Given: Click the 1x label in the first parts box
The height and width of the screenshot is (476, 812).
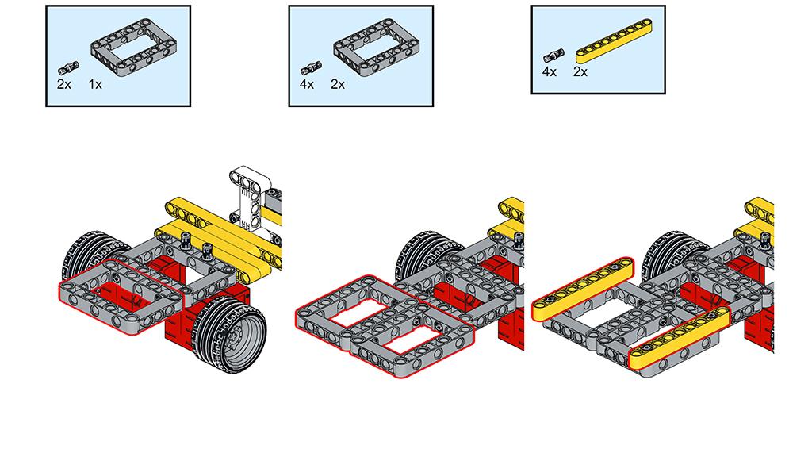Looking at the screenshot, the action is [95, 84].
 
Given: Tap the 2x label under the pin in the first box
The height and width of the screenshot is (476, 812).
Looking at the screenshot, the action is [63, 84].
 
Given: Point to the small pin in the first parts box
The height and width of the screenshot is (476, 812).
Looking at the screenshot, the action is [68, 67].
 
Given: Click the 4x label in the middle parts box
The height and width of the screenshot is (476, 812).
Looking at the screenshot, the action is [307, 84].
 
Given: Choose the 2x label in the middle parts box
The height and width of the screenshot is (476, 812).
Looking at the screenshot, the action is [338, 84].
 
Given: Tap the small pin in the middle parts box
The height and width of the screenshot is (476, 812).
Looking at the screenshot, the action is [311, 67].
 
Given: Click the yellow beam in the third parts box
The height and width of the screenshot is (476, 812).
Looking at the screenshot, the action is [615, 41].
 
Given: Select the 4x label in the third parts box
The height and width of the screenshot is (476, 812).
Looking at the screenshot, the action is [550, 71].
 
